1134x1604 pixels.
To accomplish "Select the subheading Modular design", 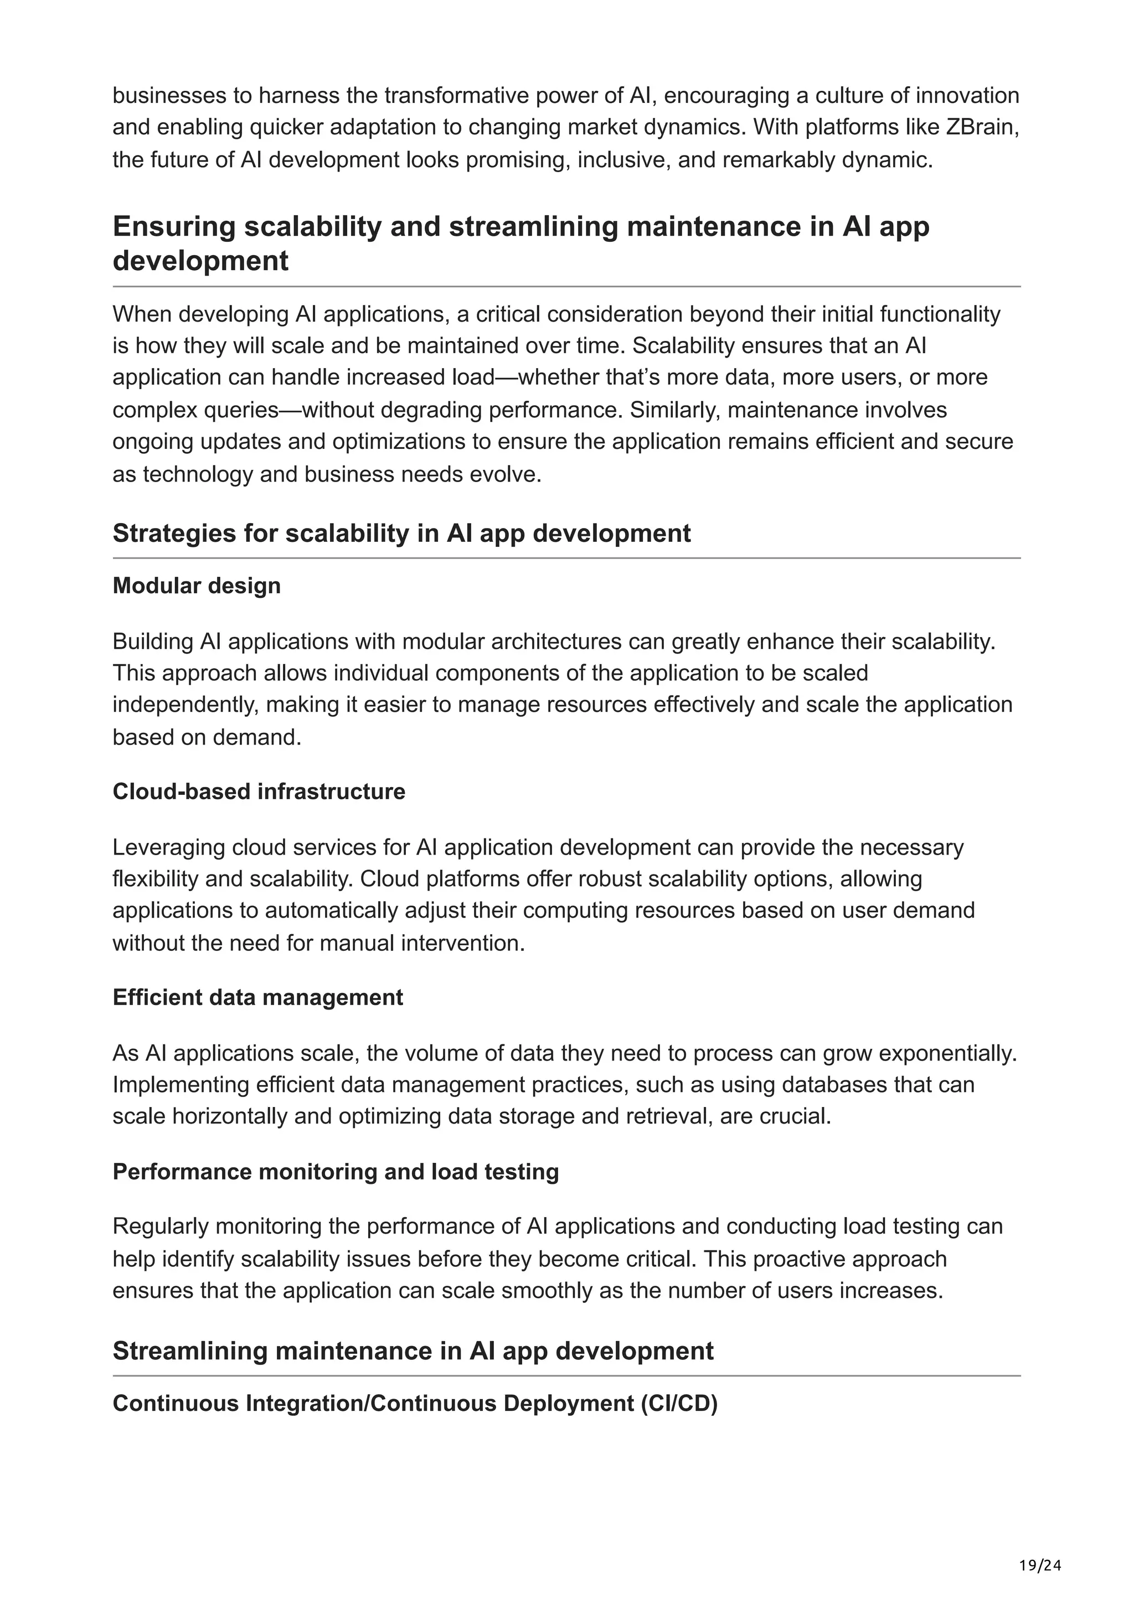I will coord(197,586).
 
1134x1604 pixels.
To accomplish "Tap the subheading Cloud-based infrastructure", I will coord(259,791).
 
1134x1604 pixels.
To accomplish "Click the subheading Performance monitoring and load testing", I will coord(336,1172).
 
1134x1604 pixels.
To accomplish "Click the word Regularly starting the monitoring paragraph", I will coord(161,1226).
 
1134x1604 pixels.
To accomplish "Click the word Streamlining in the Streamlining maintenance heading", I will coord(189,1351).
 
